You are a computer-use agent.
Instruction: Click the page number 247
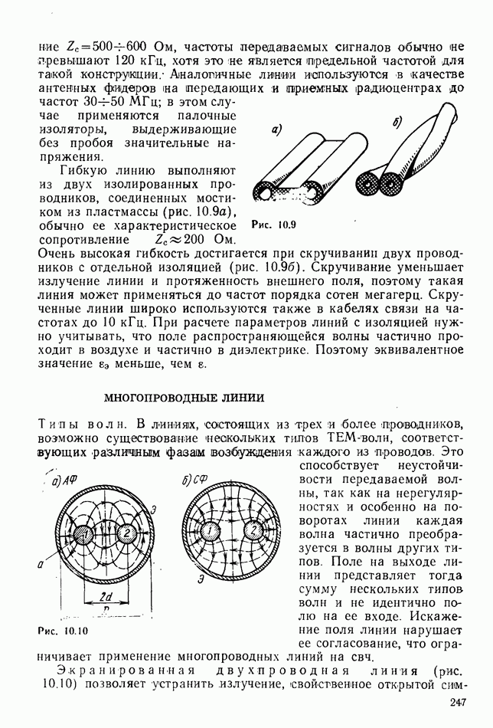point(459,703)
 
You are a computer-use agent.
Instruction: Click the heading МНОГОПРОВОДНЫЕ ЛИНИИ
point(184,398)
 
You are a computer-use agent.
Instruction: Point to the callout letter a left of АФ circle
point(39,564)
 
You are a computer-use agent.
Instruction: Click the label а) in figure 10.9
point(276,130)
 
